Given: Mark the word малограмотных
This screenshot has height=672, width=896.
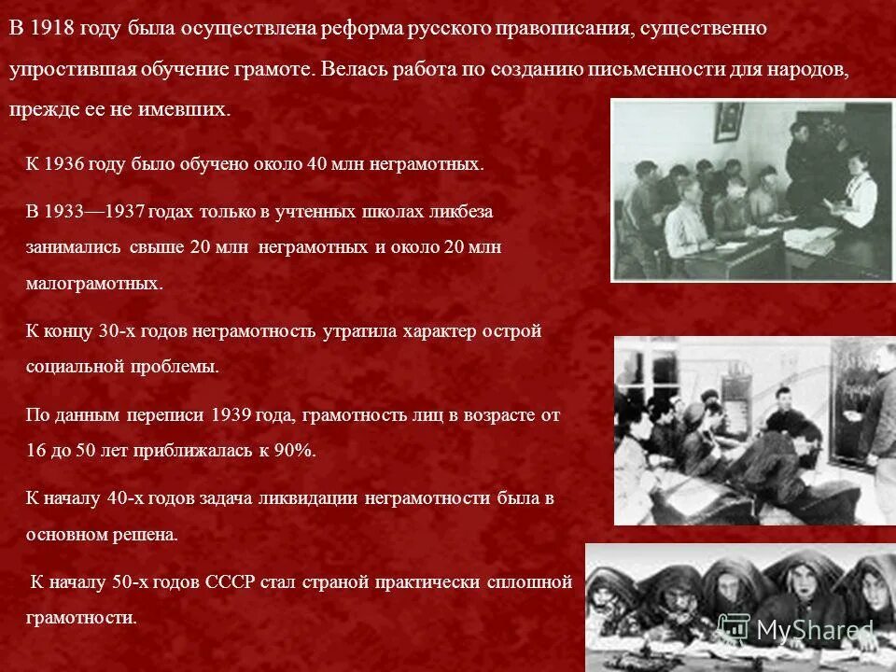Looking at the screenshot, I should click(x=94, y=283).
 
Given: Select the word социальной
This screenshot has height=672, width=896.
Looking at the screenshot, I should click(x=72, y=367).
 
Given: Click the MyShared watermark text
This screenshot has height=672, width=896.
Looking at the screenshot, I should click(x=812, y=630).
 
